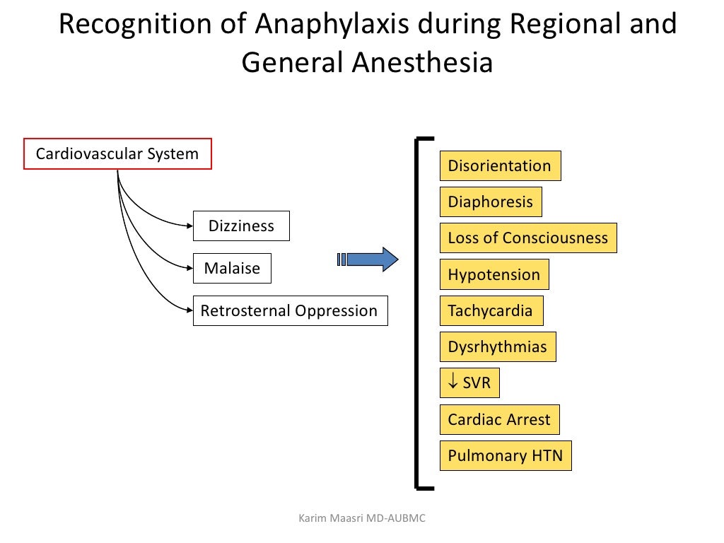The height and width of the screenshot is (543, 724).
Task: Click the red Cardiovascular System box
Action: [117, 154]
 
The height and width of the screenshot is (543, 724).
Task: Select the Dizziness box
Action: [241, 226]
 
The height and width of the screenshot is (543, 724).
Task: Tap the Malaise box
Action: [232, 269]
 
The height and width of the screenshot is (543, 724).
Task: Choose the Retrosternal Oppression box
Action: [290, 311]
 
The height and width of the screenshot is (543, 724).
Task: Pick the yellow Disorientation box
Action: [500, 166]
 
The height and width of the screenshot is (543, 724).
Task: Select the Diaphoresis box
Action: [491, 202]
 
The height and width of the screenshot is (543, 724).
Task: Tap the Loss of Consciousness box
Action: [528, 238]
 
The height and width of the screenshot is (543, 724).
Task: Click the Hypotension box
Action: [494, 275]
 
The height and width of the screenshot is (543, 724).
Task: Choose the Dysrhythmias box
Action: [498, 347]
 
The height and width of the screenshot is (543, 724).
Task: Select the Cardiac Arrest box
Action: [499, 420]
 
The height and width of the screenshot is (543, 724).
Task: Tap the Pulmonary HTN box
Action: [506, 456]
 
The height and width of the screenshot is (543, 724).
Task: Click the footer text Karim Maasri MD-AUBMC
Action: [363, 520]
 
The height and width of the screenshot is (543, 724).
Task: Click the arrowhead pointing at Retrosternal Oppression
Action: [189, 310]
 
